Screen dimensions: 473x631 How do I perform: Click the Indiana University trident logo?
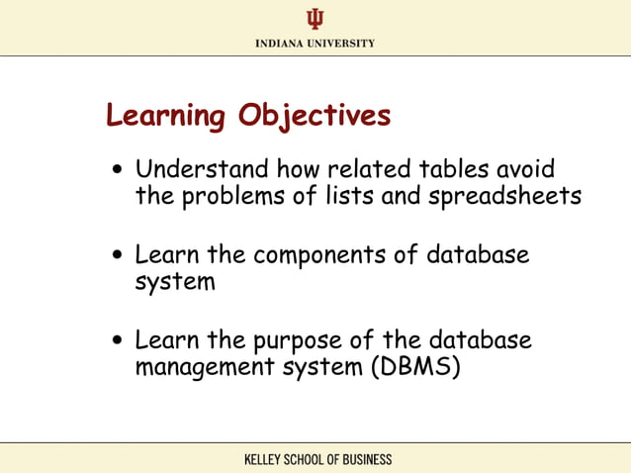[x=315, y=19]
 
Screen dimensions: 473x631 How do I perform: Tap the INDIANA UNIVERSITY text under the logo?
[x=315, y=44]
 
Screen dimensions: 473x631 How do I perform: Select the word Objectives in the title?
[x=314, y=117]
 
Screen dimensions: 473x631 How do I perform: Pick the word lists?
[x=348, y=196]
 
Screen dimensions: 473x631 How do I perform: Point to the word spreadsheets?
[x=504, y=197]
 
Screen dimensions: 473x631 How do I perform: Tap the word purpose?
[x=295, y=342]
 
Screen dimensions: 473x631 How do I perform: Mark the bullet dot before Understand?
[x=118, y=170]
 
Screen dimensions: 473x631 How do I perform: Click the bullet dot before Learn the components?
[x=118, y=256]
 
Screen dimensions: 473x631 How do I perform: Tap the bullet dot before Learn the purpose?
[x=118, y=342]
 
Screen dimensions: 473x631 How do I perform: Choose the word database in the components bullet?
[x=478, y=255]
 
